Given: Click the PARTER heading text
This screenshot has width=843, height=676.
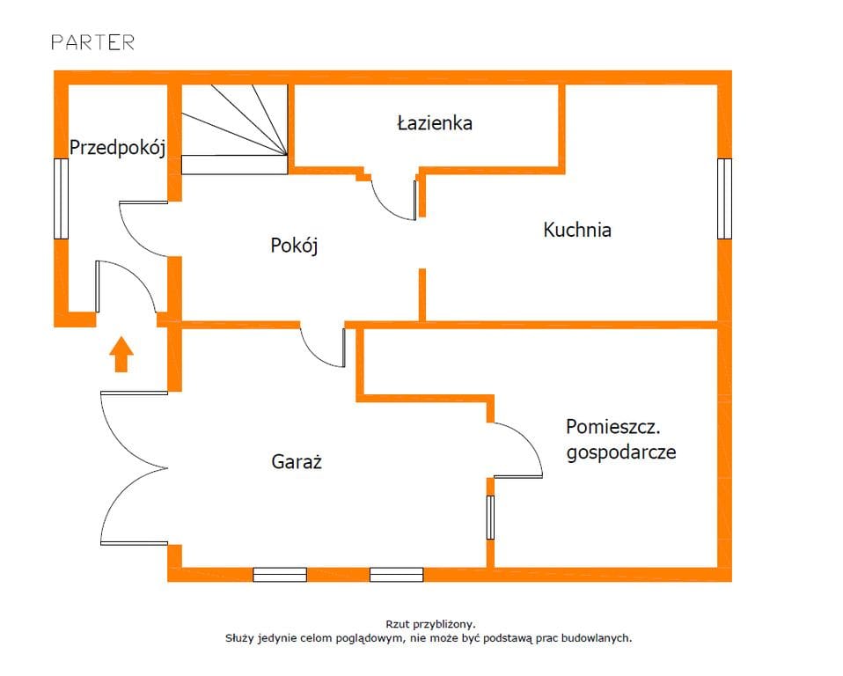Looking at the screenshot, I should pyautogui.click(x=92, y=42).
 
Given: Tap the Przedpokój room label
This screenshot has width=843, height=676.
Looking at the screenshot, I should pyautogui.click(x=118, y=147).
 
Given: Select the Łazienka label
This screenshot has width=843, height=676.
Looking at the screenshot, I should pyautogui.click(x=434, y=123).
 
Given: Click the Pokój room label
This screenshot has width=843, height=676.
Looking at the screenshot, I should pyautogui.click(x=294, y=246).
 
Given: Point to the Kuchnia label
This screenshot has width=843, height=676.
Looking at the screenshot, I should pyautogui.click(x=577, y=231).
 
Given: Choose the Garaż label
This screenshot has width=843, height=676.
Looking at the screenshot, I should pyautogui.click(x=297, y=461).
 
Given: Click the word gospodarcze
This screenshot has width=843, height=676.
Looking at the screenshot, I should pyautogui.click(x=621, y=452).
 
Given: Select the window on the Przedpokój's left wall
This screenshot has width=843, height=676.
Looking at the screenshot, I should pyautogui.click(x=61, y=198).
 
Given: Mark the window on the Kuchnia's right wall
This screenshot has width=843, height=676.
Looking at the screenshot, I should pyautogui.click(x=724, y=198).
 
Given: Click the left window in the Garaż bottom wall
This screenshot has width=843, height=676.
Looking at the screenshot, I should pyautogui.click(x=280, y=575).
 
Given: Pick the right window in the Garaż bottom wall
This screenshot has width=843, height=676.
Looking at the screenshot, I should pyautogui.click(x=396, y=575).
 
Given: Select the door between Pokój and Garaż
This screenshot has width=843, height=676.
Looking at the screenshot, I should pyautogui.click(x=324, y=347).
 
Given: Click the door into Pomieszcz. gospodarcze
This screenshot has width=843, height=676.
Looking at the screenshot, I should pyautogui.click(x=519, y=450).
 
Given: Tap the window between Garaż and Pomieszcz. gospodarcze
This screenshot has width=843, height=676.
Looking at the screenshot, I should pyautogui.click(x=490, y=517).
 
